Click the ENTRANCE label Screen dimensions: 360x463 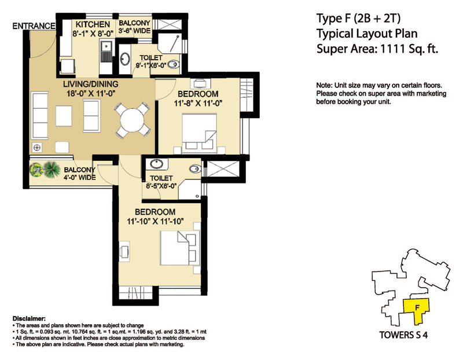(34, 26)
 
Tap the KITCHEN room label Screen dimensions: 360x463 (91, 24)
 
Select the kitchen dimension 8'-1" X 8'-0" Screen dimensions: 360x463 (91, 34)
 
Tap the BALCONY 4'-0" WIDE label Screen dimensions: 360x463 (57, 174)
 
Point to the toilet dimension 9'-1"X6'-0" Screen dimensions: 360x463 (152, 66)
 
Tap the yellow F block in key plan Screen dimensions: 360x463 (416, 310)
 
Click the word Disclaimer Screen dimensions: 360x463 (29, 319)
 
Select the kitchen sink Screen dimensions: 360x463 (106, 52)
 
